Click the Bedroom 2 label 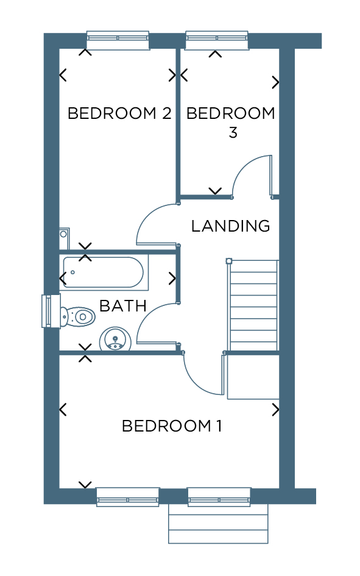[x=119, y=113]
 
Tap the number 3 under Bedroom [x=233, y=133]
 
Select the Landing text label [x=230, y=226]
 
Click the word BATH [x=123, y=305]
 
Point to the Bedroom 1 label [x=172, y=426]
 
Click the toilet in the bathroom [x=78, y=316]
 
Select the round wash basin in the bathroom [x=115, y=340]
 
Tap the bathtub [x=104, y=272]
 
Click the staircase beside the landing [x=253, y=305]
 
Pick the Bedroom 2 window [x=118, y=40]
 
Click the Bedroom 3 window [x=217, y=40]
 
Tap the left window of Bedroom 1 [x=128, y=497]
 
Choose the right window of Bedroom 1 [x=219, y=497]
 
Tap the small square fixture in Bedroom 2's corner [x=64, y=233]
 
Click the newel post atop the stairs [x=229, y=261]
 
